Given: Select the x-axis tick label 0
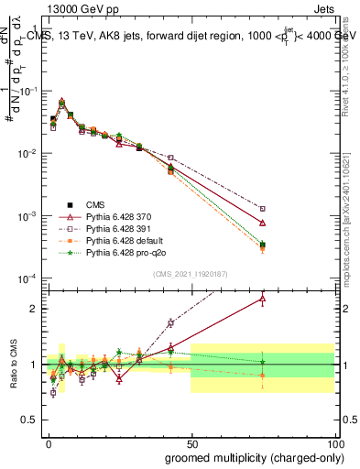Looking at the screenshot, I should tap(48, 443).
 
